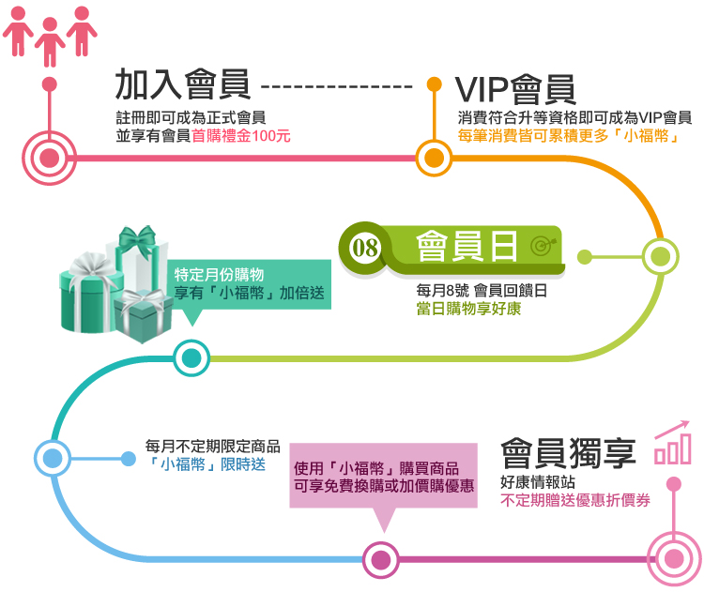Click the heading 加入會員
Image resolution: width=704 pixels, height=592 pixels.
coord(183,85)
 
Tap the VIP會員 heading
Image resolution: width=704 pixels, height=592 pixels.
coord(515,88)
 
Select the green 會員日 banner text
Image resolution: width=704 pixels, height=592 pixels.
coord(467,246)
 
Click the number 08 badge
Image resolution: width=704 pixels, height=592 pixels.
coord(363,247)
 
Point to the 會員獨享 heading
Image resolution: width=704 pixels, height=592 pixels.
coord(568,453)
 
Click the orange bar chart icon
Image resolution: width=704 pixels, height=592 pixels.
coord(672,445)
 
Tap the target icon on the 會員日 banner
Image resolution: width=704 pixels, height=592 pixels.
coord(543,247)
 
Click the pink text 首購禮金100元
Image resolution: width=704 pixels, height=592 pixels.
coord(240,135)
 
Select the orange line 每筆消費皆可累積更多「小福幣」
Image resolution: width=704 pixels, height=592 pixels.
coord(568,135)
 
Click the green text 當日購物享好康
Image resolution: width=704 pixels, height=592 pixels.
coord(468,308)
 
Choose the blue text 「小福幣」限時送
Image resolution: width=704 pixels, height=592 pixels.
coord(207,464)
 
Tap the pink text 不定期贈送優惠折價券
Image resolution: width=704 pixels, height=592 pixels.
coord(574,500)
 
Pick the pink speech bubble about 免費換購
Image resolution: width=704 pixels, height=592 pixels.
coord(384,477)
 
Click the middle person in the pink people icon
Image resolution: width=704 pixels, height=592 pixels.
coord(50,34)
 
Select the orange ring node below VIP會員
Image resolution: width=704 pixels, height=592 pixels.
coord(434,156)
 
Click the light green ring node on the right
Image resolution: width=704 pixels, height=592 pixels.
coord(664,255)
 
